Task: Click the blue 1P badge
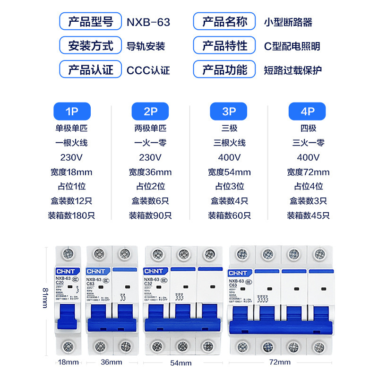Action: [71, 112]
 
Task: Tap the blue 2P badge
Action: [150, 112]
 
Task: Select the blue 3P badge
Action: [229, 112]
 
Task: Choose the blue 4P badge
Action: [308, 112]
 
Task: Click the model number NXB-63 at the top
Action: [148, 22]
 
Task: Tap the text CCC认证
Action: [148, 70]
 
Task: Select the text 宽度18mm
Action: [71, 172]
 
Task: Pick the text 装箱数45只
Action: [308, 215]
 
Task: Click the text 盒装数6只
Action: [150, 201]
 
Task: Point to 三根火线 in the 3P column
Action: [229, 143]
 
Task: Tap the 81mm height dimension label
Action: [45, 298]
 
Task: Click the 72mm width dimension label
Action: [279, 362]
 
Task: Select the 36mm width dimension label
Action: [112, 362]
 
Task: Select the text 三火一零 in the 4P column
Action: [308, 143]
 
